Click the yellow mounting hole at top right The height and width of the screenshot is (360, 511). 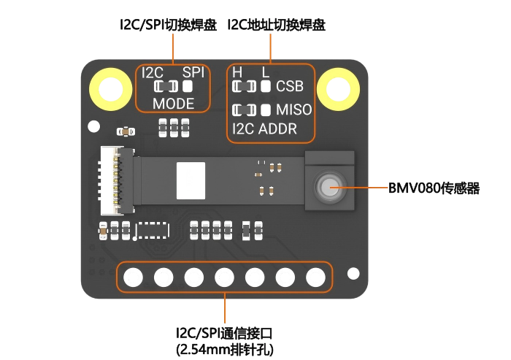(338, 90)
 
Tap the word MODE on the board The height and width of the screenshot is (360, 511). (173, 104)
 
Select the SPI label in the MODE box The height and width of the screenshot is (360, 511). (193, 73)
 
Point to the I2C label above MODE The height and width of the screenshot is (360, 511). (153, 73)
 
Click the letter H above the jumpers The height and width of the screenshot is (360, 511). (237, 73)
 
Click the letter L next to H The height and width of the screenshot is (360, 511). (265, 73)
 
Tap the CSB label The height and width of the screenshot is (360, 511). (290, 87)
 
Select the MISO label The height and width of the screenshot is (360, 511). (294, 110)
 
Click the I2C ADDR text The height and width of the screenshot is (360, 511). (264, 130)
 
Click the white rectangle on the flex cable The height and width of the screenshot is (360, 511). (191, 180)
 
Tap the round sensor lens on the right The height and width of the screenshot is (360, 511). (328, 187)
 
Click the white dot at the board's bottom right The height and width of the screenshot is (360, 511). (353, 274)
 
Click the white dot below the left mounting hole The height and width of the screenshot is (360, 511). (93, 126)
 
